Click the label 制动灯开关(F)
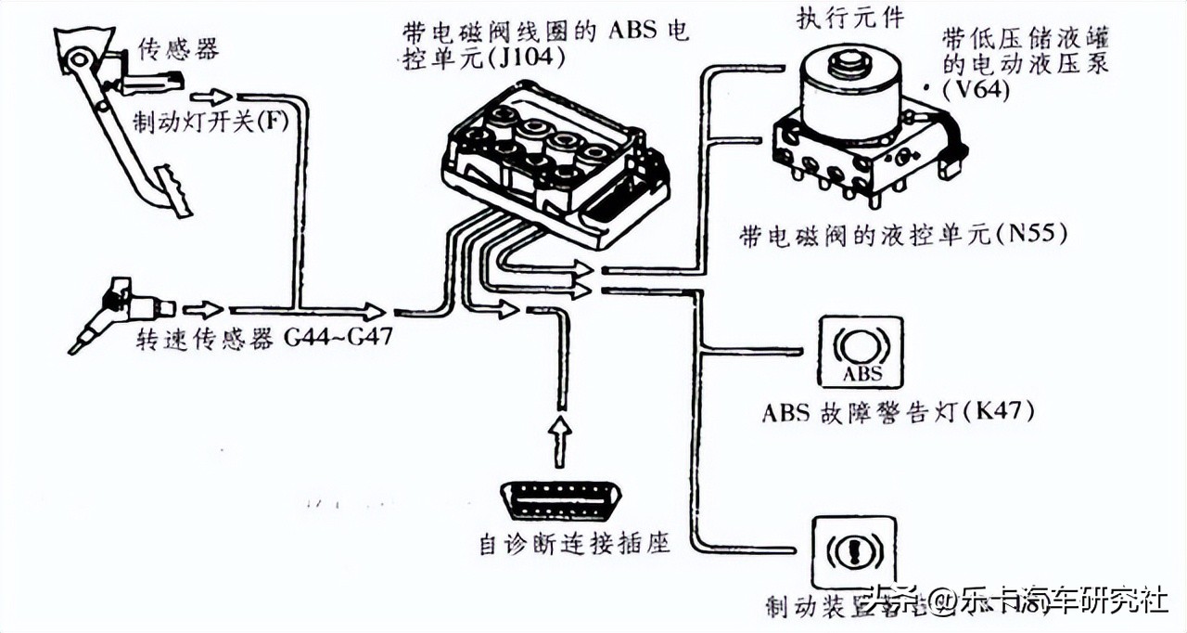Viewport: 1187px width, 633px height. (x=205, y=121)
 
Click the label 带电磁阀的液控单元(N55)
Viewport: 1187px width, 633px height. (x=903, y=236)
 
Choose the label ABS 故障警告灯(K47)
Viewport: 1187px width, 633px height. (x=898, y=410)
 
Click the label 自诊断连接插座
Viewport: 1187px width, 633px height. (x=574, y=544)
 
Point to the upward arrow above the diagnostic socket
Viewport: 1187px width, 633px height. (x=559, y=440)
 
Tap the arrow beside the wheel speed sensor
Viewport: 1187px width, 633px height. (x=203, y=309)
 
